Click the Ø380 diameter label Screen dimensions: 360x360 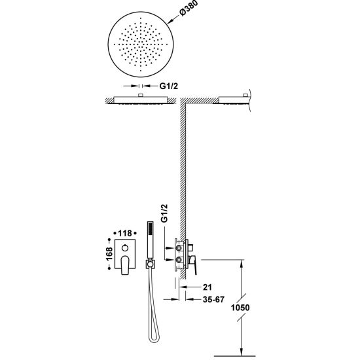pos(189,9)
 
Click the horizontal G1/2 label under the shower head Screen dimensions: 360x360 pos(169,86)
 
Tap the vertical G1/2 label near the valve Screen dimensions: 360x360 pos(164,213)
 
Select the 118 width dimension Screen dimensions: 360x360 pos(125,233)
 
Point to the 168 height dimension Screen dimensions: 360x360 pos(109,254)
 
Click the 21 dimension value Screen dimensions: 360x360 pos(207,287)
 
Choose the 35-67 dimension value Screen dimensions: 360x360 pos(213,299)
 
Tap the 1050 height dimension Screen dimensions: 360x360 pos(240,308)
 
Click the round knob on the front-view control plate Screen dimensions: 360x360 pos(126,247)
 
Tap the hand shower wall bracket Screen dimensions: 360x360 pos(150,264)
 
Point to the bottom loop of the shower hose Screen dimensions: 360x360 pos(154,339)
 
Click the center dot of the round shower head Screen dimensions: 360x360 pos(141,45)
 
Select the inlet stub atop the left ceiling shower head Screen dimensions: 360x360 pos(141,96)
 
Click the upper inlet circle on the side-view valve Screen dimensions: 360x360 pos(179,248)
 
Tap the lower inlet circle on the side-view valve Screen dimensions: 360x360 pos(179,260)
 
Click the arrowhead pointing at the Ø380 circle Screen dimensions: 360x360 pos(170,22)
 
